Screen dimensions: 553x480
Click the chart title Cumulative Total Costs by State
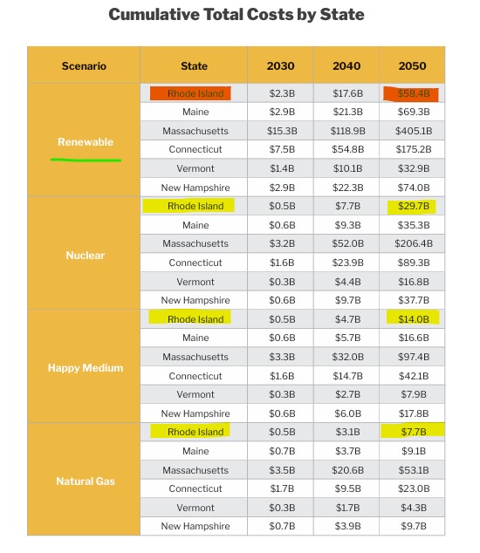tap(236, 15)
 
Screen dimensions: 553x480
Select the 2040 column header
tap(346, 65)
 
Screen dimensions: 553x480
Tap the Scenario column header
tap(84, 65)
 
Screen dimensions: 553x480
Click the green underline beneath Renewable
tap(86, 160)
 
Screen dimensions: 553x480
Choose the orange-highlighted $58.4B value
tap(412, 93)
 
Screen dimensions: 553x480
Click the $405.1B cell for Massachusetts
tap(413, 131)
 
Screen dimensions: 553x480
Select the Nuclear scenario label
tap(85, 256)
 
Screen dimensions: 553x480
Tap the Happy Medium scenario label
tap(85, 368)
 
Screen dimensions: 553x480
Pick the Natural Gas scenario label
tap(85, 481)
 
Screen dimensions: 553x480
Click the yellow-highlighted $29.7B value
tap(412, 206)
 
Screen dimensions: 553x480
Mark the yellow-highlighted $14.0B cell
tap(412, 318)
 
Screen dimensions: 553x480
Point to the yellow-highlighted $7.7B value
tap(413, 429)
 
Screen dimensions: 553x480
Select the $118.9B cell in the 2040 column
tap(346, 131)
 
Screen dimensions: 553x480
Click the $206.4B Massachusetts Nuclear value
tap(413, 244)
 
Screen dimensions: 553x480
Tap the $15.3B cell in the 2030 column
tap(281, 131)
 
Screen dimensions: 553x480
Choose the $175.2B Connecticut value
tap(413, 150)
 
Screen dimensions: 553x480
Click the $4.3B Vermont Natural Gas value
tap(413, 508)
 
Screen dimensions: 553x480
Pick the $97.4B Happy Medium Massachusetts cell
tap(413, 357)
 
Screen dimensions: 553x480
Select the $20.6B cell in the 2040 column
tap(346, 470)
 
